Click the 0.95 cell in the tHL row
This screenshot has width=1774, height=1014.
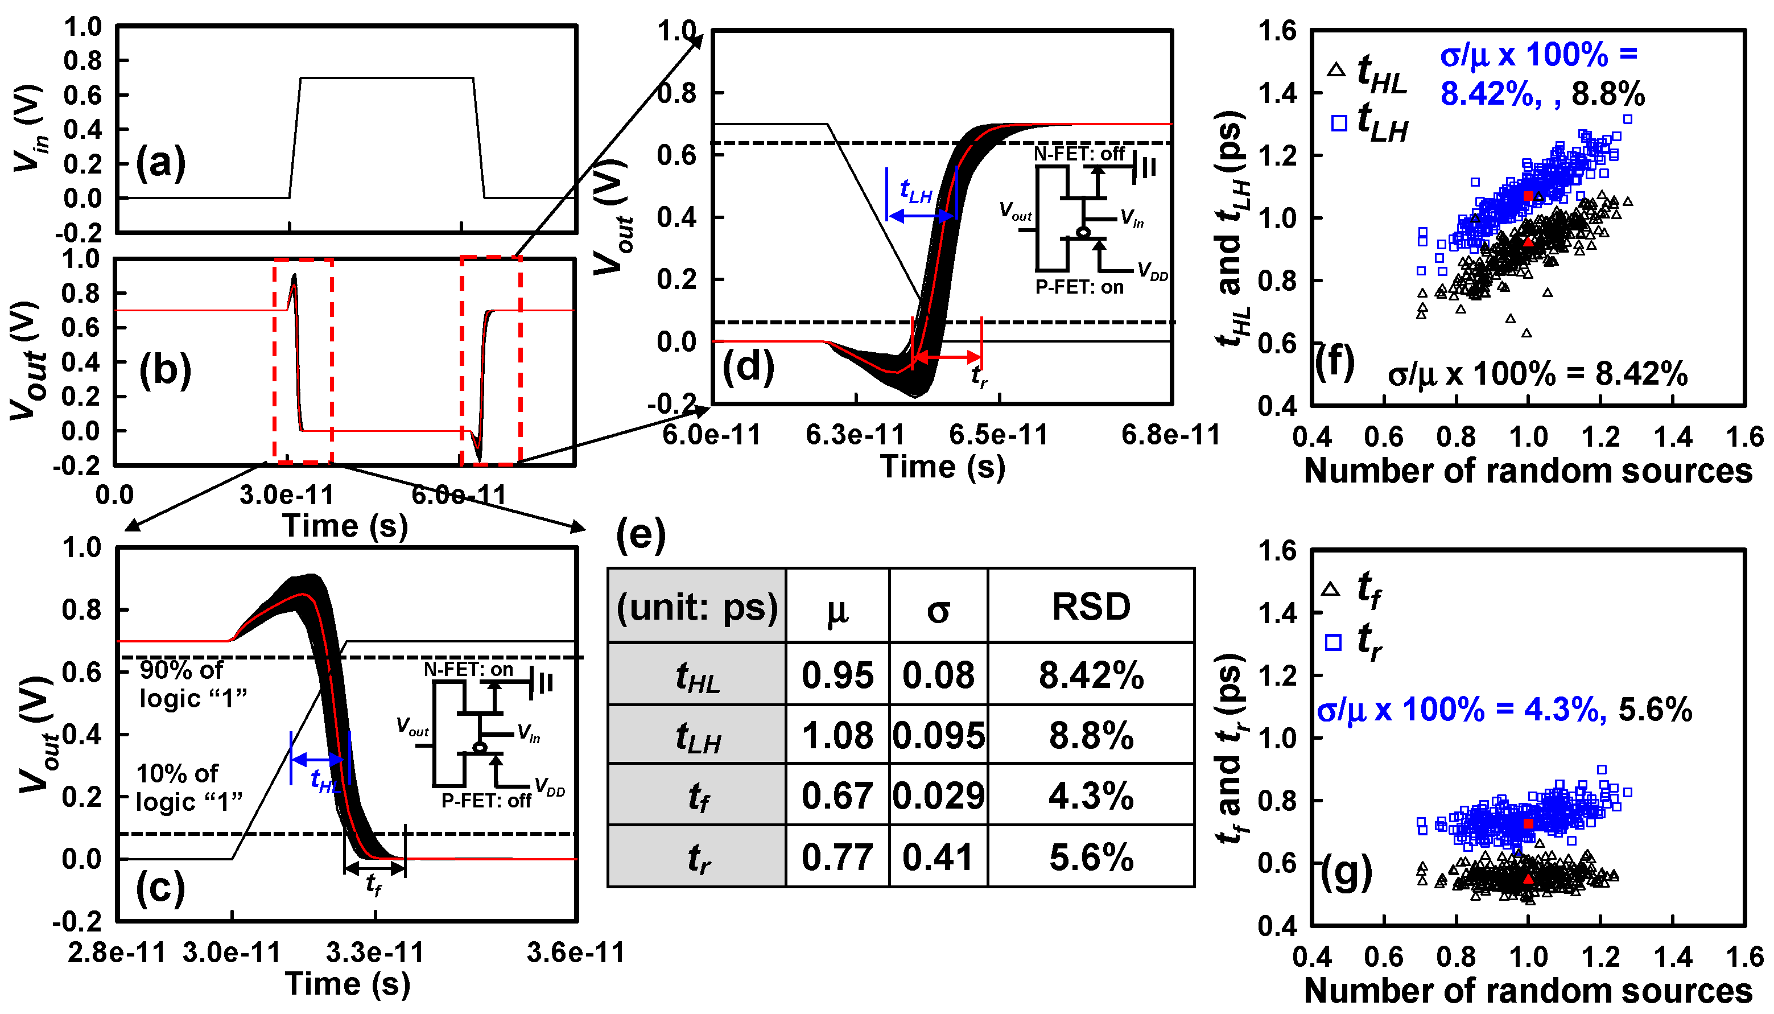(x=837, y=675)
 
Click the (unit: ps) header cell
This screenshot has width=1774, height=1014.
(x=697, y=607)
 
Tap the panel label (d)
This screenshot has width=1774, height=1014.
(x=748, y=366)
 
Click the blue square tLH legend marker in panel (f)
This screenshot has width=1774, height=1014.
(x=1338, y=123)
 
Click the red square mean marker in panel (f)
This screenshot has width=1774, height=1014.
(x=1528, y=196)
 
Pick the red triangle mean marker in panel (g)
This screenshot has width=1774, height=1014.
(x=1528, y=879)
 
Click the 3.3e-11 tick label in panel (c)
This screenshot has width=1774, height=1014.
(x=374, y=952)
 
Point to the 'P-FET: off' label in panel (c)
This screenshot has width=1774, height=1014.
(x=486, y=801)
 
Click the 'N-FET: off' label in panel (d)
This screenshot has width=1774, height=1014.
(x=1079, y=153)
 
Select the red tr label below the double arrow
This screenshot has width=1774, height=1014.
(x=978, y=377)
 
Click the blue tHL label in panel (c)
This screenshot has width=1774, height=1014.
(x=325, y=781)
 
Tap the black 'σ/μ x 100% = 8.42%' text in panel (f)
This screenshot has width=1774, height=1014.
(x=1537, y=374)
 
